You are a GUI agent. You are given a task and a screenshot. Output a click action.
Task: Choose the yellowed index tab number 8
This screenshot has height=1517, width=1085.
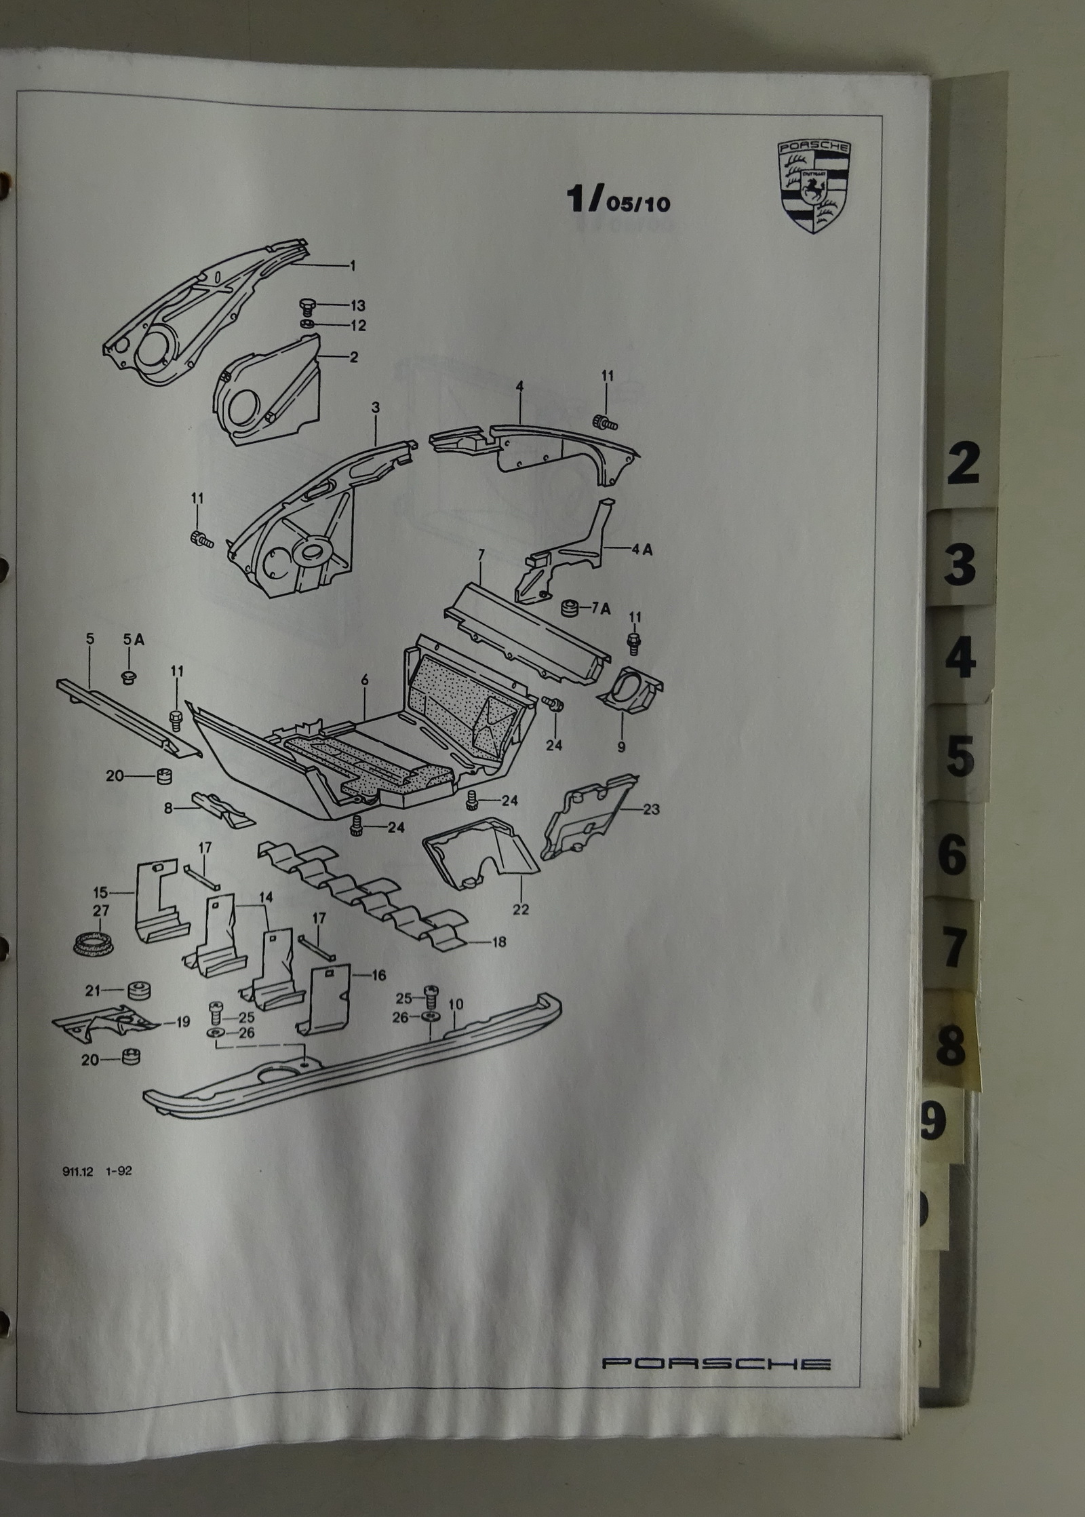tap(950, 1046)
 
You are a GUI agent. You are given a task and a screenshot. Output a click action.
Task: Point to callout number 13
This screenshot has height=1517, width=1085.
tap(357, 305)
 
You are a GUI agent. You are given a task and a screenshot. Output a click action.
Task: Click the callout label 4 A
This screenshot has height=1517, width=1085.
tap(642, 550)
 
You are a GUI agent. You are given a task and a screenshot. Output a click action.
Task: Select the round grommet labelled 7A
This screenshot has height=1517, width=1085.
tap(569, 609)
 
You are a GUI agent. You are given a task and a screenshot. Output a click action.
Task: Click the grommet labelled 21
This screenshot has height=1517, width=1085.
tap(138, 992)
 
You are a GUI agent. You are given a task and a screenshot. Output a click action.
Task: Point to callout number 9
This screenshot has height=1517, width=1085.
tap(621, 748)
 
